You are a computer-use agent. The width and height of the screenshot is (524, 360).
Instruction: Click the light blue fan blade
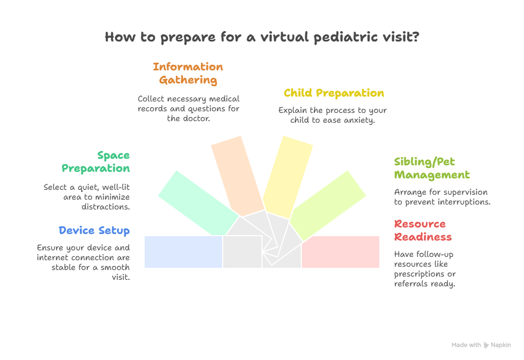[x=183, y=252]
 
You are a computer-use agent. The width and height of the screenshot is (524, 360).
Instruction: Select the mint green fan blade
[x=199, y=203]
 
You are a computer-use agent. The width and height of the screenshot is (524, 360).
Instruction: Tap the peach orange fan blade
[x=237, y=176]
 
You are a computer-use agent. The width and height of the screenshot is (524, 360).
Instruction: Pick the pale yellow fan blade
[x=288, y=177]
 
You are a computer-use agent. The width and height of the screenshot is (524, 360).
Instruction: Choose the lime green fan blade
[x=327, y=206]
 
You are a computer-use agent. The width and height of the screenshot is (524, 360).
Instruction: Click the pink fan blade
[x=341, y=252]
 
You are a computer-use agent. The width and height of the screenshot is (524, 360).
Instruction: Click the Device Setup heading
[x=94, y=231]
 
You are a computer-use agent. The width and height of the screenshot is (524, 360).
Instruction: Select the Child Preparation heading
[x=334, y=93]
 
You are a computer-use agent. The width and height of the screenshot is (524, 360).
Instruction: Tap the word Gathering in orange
[x=188, y=80]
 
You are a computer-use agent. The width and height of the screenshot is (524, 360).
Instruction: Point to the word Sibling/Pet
[x=425, y=161]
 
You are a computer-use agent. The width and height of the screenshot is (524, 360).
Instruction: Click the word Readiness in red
[x=423, y=237]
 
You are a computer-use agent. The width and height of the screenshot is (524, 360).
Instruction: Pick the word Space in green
[x=114, y=155]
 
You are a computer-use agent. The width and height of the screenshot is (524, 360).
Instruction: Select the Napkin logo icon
[x=486, y=345]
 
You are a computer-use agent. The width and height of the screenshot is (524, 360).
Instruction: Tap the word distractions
[x=105, y=207]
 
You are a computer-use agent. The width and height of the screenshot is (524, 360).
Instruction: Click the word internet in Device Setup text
[x=52, y=257]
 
